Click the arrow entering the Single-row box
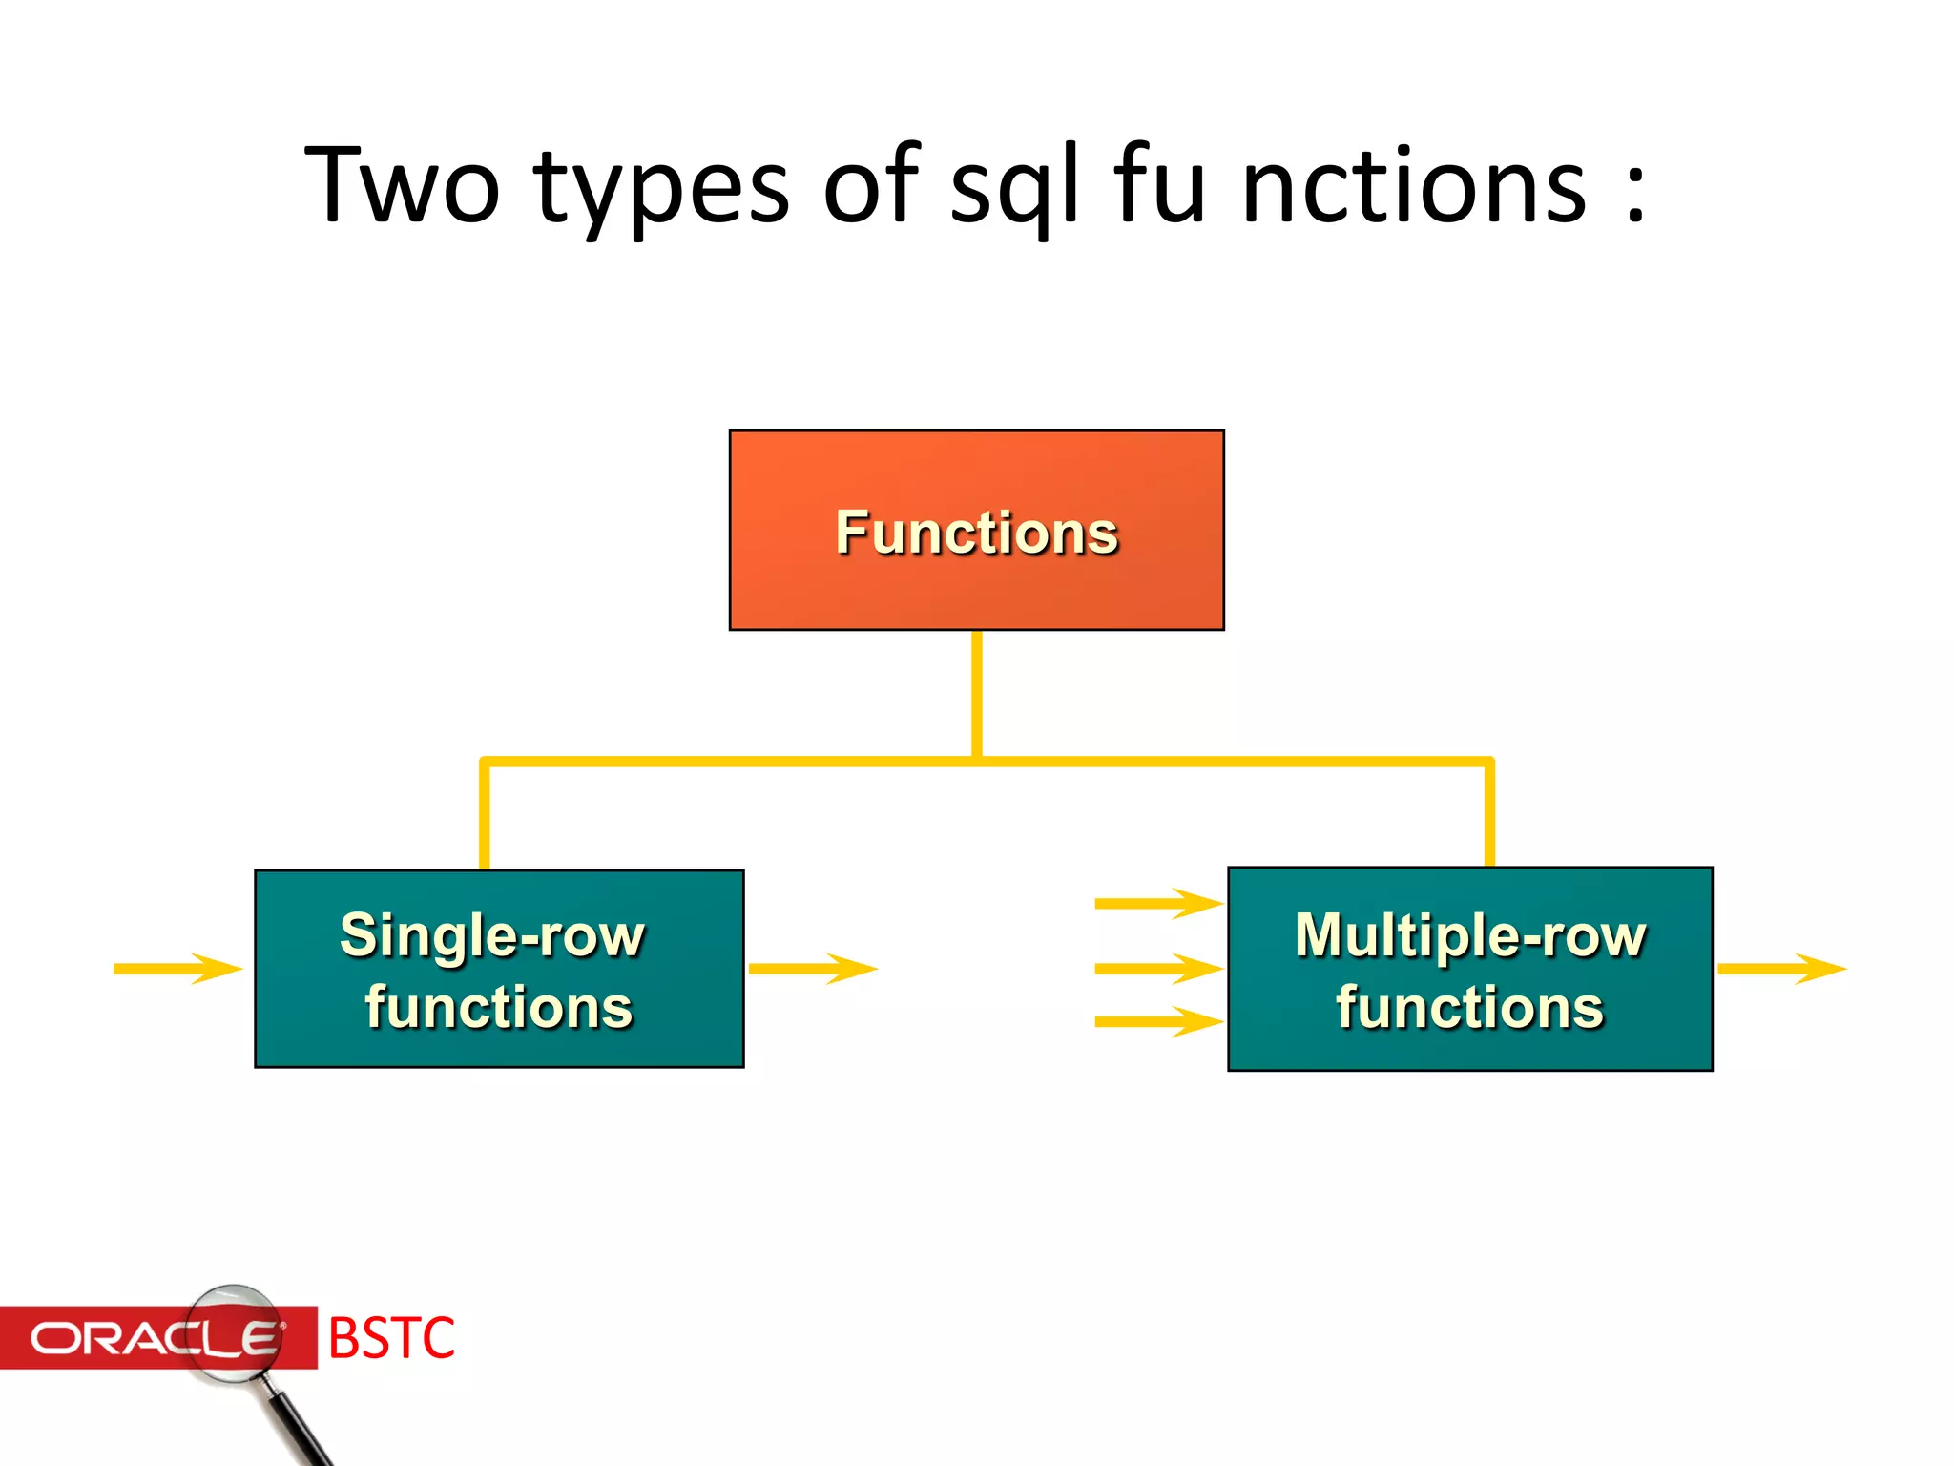point(177,969)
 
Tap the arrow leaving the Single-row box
point(812,969)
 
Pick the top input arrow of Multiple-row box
point(1158,903)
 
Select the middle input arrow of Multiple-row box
point(1158,969)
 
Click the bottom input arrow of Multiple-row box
point(1158,1021)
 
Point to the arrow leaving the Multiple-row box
point(1780,969)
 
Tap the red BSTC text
point(391,1338)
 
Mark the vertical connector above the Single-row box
point(485,816)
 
